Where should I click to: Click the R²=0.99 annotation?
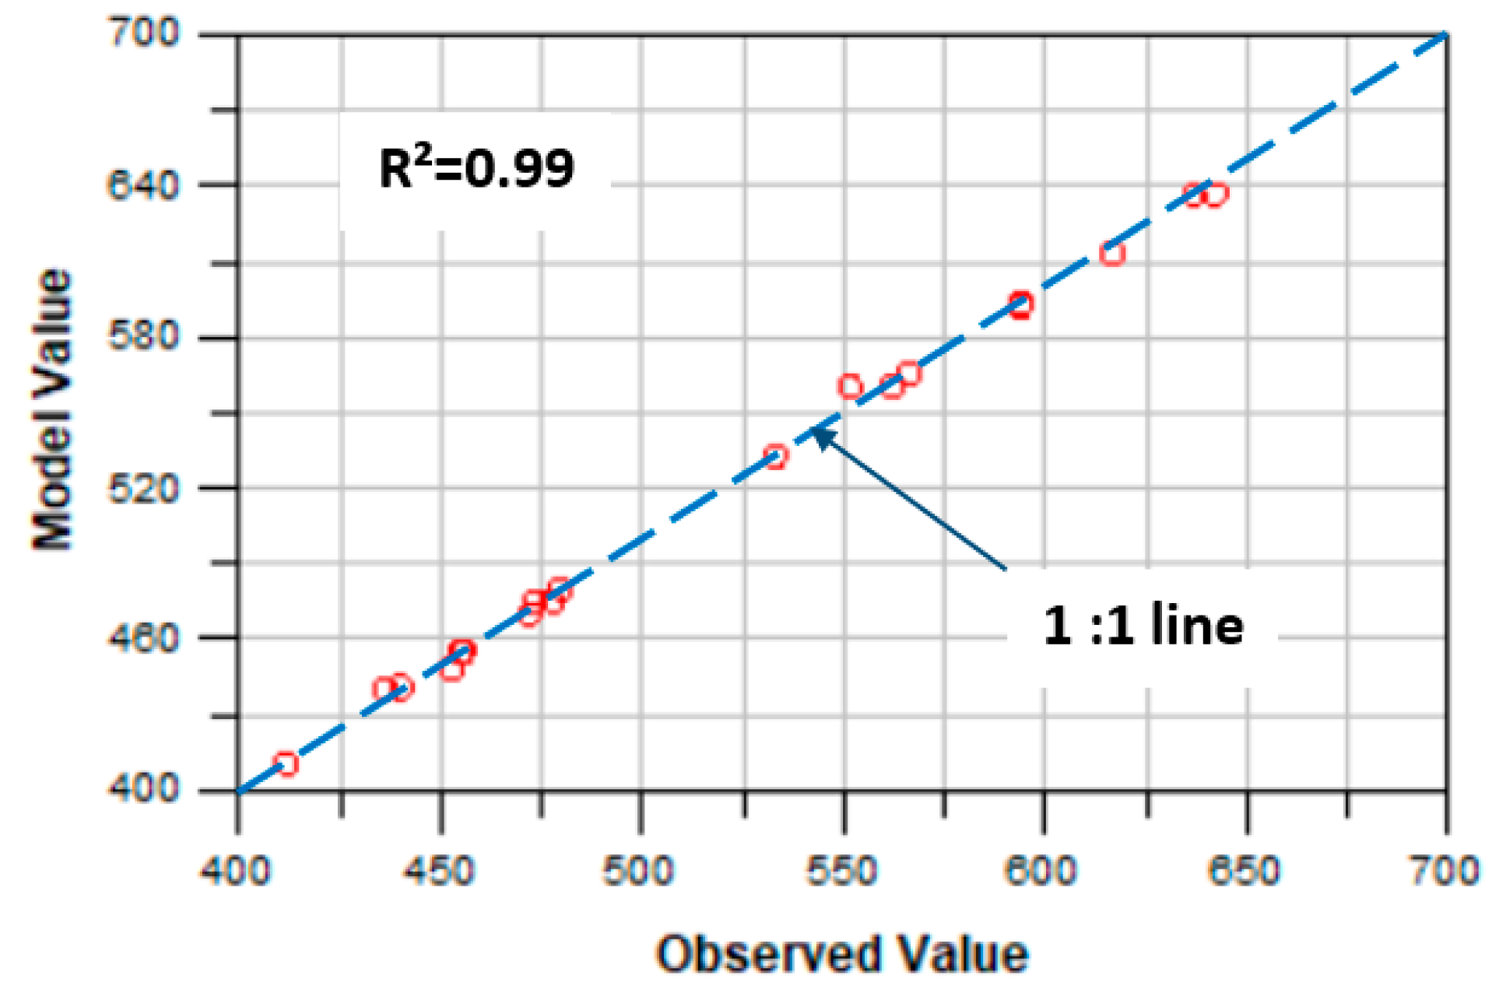click(476, 167)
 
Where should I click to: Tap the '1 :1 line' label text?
click(1143, 625)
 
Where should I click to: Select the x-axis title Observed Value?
click(842, 954)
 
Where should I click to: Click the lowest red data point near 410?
click(286, 764)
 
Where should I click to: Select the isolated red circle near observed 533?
click(775, 456)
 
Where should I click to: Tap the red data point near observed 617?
click(1113, 254)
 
